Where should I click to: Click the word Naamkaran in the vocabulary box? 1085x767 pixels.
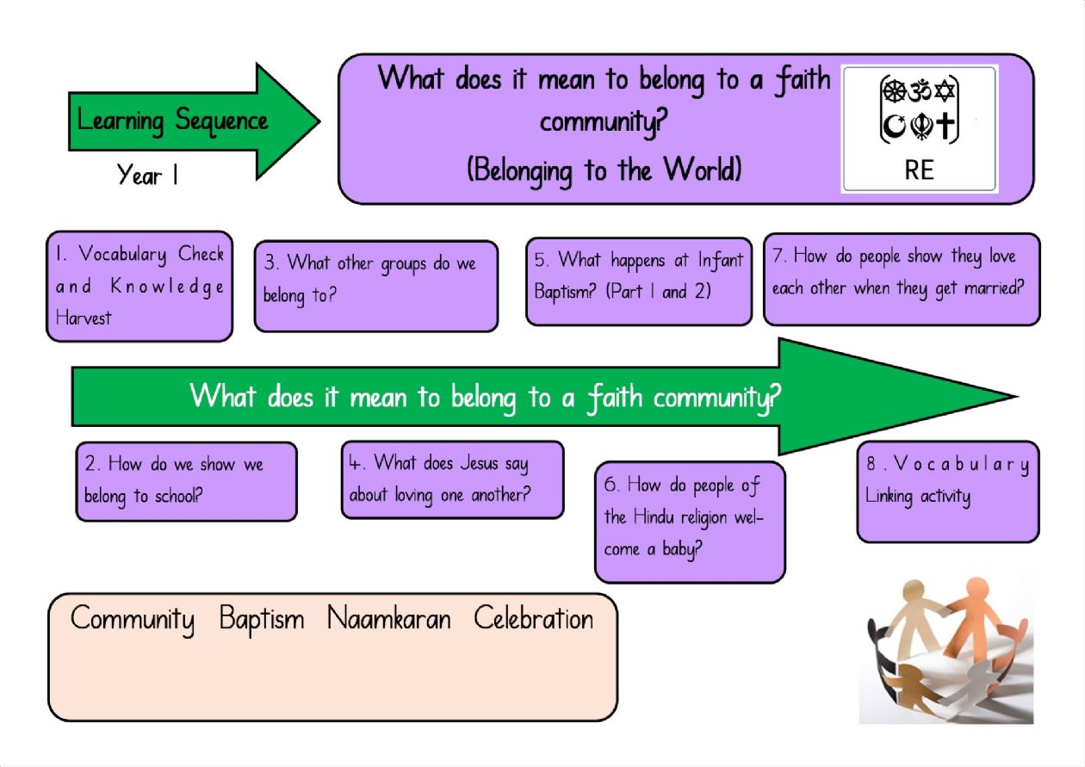[x=389, y=618]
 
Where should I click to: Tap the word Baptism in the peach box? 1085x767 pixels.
[x=262, y=618]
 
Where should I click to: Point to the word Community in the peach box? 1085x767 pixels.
[x=133, y=620]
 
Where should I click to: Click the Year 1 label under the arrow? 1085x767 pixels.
[x=147, y=174]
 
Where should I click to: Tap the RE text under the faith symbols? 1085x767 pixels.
[x=919, y=170]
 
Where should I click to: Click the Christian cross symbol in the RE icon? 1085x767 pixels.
[x=945, y=127]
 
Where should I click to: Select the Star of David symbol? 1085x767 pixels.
[x=944, y=90]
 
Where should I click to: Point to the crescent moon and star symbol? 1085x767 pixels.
[x=894, y=127]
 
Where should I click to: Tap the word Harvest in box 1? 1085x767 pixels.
[x=84, y=318]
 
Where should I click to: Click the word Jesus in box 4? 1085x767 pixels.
[x=479, y=463]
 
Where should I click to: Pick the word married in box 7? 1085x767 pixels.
[x=994, y=288]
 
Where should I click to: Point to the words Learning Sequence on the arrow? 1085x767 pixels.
[x=172, y=121]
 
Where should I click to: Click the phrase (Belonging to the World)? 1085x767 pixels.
[x=604, y=170]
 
